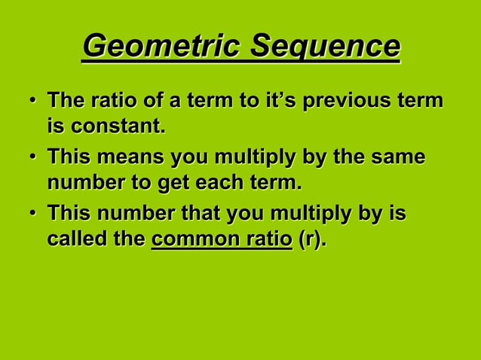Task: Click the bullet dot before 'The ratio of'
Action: pyautogui.click(x=32, y=102)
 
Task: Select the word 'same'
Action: pyautogui.click(x=397, y=160)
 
